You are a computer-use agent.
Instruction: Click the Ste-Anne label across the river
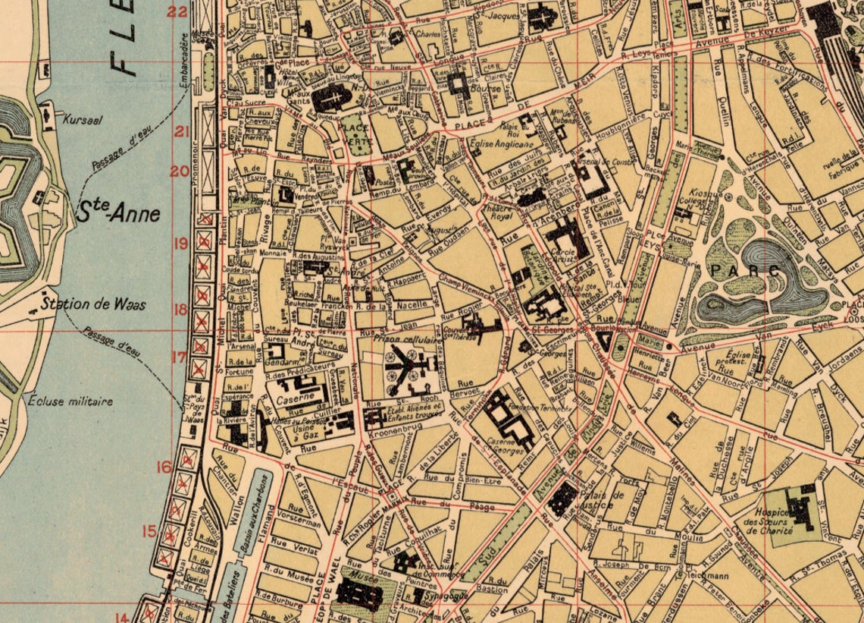tap(118, 212)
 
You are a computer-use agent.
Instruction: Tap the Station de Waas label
tap(93, 305)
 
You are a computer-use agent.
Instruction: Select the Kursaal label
tap(83, 119)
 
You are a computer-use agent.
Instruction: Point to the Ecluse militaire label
tap(70, 401)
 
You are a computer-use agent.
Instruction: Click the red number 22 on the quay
tap(178, 11)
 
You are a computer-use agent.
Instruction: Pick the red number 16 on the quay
tap(164, 467)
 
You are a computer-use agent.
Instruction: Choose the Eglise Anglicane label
tap(504, 143)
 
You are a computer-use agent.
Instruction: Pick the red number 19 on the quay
tap(180, 244)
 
